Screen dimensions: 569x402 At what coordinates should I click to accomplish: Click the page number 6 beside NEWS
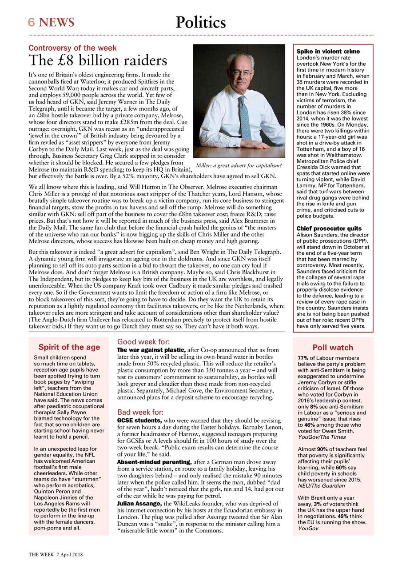32,22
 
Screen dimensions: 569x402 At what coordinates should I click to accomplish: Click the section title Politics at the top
201,22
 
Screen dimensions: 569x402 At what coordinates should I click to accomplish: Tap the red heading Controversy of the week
72,48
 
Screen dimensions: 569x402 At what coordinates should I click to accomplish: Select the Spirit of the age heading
69,347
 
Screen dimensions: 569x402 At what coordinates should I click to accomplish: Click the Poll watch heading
333,348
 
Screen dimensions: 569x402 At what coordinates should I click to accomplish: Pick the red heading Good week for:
143,342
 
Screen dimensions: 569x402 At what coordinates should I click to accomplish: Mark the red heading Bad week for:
140,412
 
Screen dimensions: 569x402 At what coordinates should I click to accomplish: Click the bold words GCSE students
139,421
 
